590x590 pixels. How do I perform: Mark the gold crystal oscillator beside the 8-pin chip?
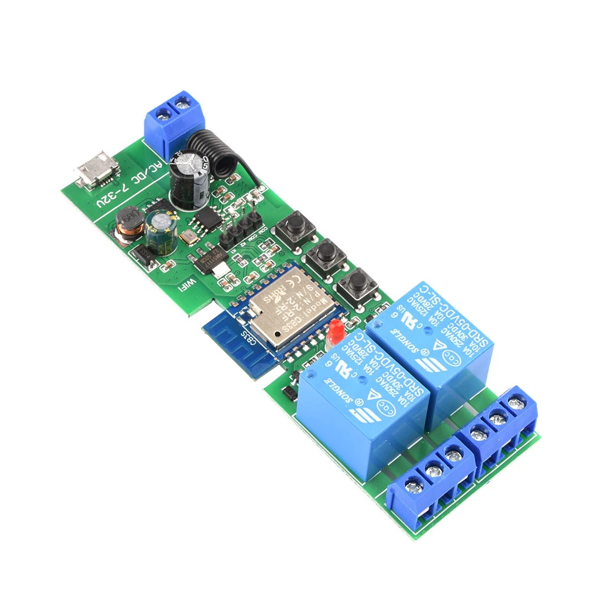(188, 238)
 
